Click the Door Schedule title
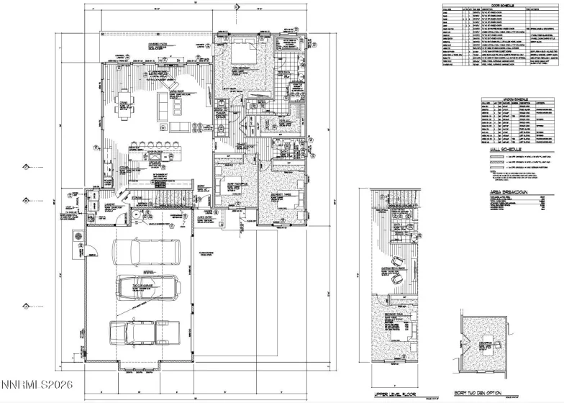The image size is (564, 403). click(499, 5)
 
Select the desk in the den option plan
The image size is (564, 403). click(489, 352)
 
